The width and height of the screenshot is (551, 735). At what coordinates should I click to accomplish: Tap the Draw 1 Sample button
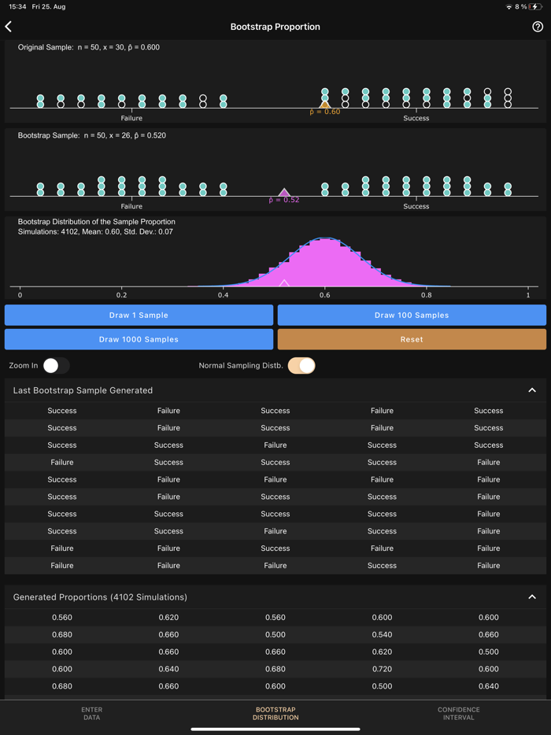139,315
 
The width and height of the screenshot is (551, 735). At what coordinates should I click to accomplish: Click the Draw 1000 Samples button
139,339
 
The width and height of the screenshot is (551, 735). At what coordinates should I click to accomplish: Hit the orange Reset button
412,339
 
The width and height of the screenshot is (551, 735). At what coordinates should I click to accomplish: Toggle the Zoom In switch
56,365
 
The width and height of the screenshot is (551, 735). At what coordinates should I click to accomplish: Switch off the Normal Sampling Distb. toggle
301,365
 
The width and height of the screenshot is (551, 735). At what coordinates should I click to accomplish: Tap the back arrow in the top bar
9,27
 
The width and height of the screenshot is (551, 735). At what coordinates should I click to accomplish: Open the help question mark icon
538,27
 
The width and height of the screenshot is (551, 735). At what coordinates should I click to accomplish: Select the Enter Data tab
91,713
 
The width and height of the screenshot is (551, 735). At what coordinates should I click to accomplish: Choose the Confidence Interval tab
459,713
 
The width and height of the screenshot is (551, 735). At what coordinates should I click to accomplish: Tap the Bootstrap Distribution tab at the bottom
275,713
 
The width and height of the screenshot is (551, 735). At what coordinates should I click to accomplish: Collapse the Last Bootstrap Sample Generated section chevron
532,390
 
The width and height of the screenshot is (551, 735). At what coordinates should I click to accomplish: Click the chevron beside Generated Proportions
532,597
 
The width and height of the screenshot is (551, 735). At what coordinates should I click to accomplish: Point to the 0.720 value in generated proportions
382,669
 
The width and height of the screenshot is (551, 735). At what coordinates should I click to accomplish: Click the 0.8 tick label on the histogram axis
426,295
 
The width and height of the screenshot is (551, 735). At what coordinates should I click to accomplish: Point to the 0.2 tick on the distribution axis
121,295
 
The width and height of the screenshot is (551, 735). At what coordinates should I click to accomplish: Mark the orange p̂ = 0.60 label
325,112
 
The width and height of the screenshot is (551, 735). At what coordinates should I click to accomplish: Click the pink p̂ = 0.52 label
284,200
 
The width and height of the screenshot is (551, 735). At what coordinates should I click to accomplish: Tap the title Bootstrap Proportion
275,27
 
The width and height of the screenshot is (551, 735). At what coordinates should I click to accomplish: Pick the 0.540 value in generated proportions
382,634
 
